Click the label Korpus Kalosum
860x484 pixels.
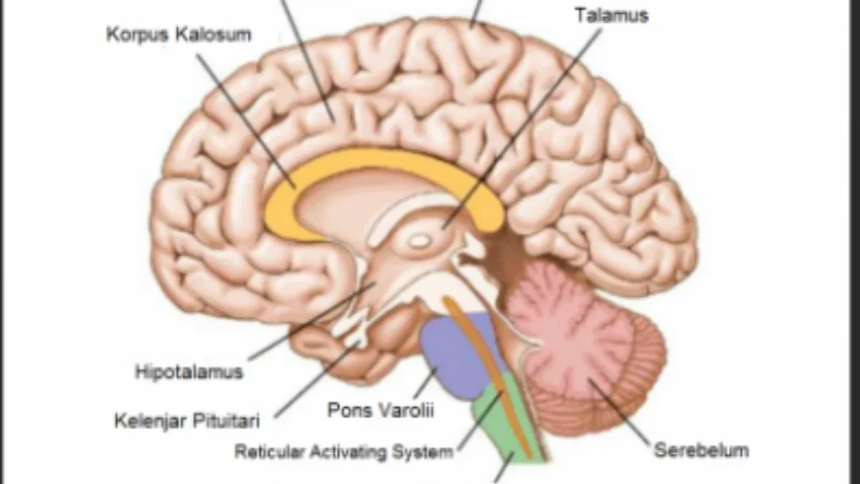178,34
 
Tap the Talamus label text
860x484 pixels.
612,16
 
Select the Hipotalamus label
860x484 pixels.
189,372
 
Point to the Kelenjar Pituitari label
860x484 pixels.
187,421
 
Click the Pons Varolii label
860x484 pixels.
381,410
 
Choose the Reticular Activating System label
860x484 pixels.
343,451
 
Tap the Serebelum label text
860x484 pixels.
702,450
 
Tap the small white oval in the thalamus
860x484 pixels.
419,241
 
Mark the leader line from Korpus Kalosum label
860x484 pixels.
247,121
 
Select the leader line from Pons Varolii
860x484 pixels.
426,383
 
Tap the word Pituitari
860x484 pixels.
226,420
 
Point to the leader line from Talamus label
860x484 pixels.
522,131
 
